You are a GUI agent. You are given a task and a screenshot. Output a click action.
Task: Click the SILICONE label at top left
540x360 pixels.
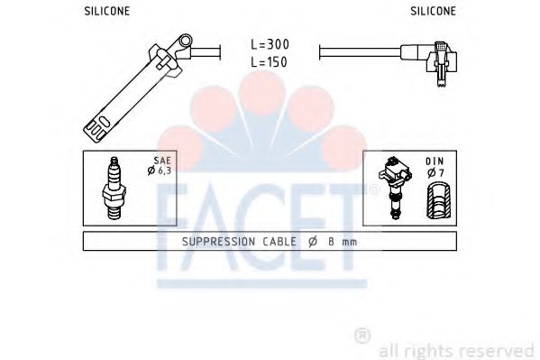pos(107,12)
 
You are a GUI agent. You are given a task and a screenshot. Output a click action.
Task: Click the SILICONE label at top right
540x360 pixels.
pos(433,12)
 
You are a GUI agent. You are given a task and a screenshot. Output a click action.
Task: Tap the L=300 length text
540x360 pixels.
pos(270,44)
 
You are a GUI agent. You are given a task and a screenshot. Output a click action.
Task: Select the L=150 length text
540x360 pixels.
pos(269,62)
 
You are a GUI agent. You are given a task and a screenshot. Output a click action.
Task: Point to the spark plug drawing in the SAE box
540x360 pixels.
pos(114,189)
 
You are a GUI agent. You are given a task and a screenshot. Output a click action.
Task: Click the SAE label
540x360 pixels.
pos(162,161)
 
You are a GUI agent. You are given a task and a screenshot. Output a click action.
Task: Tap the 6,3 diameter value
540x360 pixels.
pos(165,171)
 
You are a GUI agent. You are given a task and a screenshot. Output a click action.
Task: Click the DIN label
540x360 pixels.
pos(435,162)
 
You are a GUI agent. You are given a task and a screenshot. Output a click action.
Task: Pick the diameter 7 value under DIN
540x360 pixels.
pos(441,172)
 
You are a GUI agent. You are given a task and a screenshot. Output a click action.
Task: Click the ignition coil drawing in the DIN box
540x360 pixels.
pos(396,189)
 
